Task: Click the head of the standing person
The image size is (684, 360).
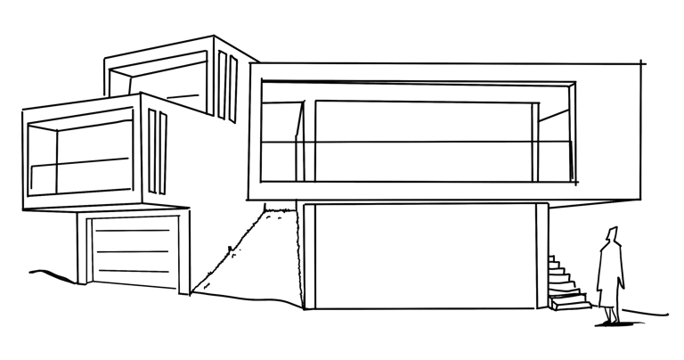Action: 611,236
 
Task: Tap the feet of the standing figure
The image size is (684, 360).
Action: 610,319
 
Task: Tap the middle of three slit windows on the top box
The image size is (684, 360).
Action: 224,85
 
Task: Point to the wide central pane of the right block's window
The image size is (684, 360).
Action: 419,138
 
